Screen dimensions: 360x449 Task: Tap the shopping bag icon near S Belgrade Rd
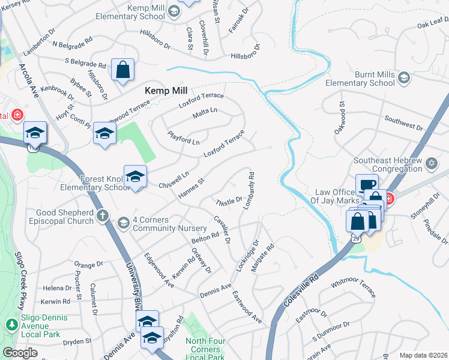[122, 70]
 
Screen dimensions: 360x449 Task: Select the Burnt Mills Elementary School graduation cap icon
[404, 77]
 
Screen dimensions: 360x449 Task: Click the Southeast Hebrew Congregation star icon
[430, 164]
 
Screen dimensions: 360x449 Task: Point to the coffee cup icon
[366, 184]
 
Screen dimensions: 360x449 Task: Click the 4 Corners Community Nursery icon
[124, 223]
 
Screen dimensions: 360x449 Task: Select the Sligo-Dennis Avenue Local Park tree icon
[11, 325]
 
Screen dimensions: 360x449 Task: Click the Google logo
[20, 353]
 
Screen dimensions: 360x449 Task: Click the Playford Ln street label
[183, 138]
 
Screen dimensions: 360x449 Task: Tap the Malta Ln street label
[205, 113]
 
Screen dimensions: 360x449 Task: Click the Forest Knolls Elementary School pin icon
[135, 176]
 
